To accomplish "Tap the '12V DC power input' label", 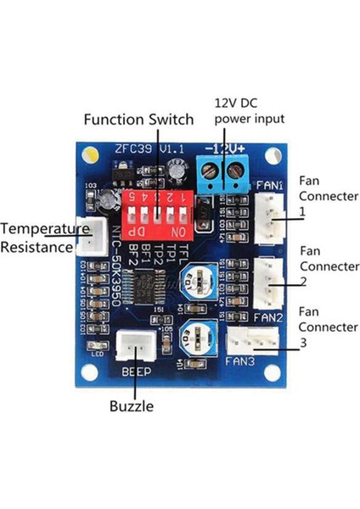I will click(x=249, y=111).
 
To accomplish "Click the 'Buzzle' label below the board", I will click(x=132, y=406).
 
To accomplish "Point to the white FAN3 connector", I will click(x=250, y=338).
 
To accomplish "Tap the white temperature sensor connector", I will click(x=88, y=238).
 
